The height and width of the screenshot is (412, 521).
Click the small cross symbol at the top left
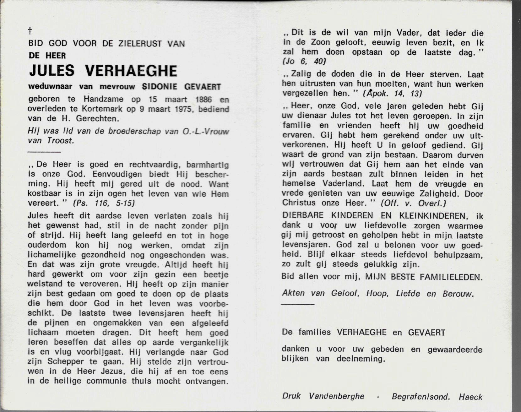30,31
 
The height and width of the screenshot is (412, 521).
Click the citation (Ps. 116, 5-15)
104,203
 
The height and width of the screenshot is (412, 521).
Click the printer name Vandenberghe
337,396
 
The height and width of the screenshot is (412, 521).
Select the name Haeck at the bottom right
470,397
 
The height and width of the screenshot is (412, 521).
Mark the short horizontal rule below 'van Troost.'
44,152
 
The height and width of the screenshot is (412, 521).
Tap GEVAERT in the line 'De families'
426,333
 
